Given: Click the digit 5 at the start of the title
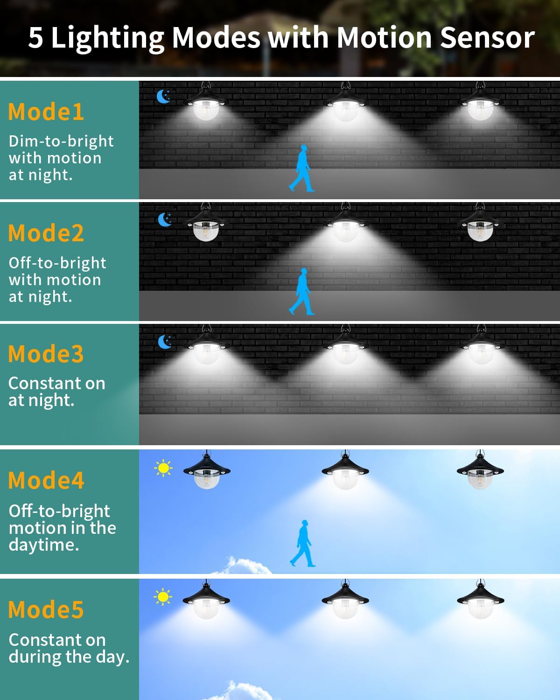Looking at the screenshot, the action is coord(36,38).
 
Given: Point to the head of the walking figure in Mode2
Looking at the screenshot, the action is coord(304,271).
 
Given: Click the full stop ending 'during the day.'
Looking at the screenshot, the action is coord(127,662).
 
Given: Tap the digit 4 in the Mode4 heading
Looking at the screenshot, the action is coord(78,481).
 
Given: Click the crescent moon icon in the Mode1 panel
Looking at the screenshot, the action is coord(164,97).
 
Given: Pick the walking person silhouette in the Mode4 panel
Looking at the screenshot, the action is coord(302,544).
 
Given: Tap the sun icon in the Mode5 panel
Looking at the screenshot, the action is coord(163,597).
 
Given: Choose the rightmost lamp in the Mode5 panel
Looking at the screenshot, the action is coord(480,599).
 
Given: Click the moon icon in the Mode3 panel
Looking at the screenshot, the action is coord(165,342).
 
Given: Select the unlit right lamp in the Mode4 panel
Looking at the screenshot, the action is coord(480,469).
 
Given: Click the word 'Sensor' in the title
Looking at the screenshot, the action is coord(487,38).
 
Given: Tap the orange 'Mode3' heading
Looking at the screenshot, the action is coord(46,354).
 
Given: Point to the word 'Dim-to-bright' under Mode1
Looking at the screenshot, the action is coord(61,142).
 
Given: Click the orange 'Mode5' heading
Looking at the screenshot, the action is coord(46,609).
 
